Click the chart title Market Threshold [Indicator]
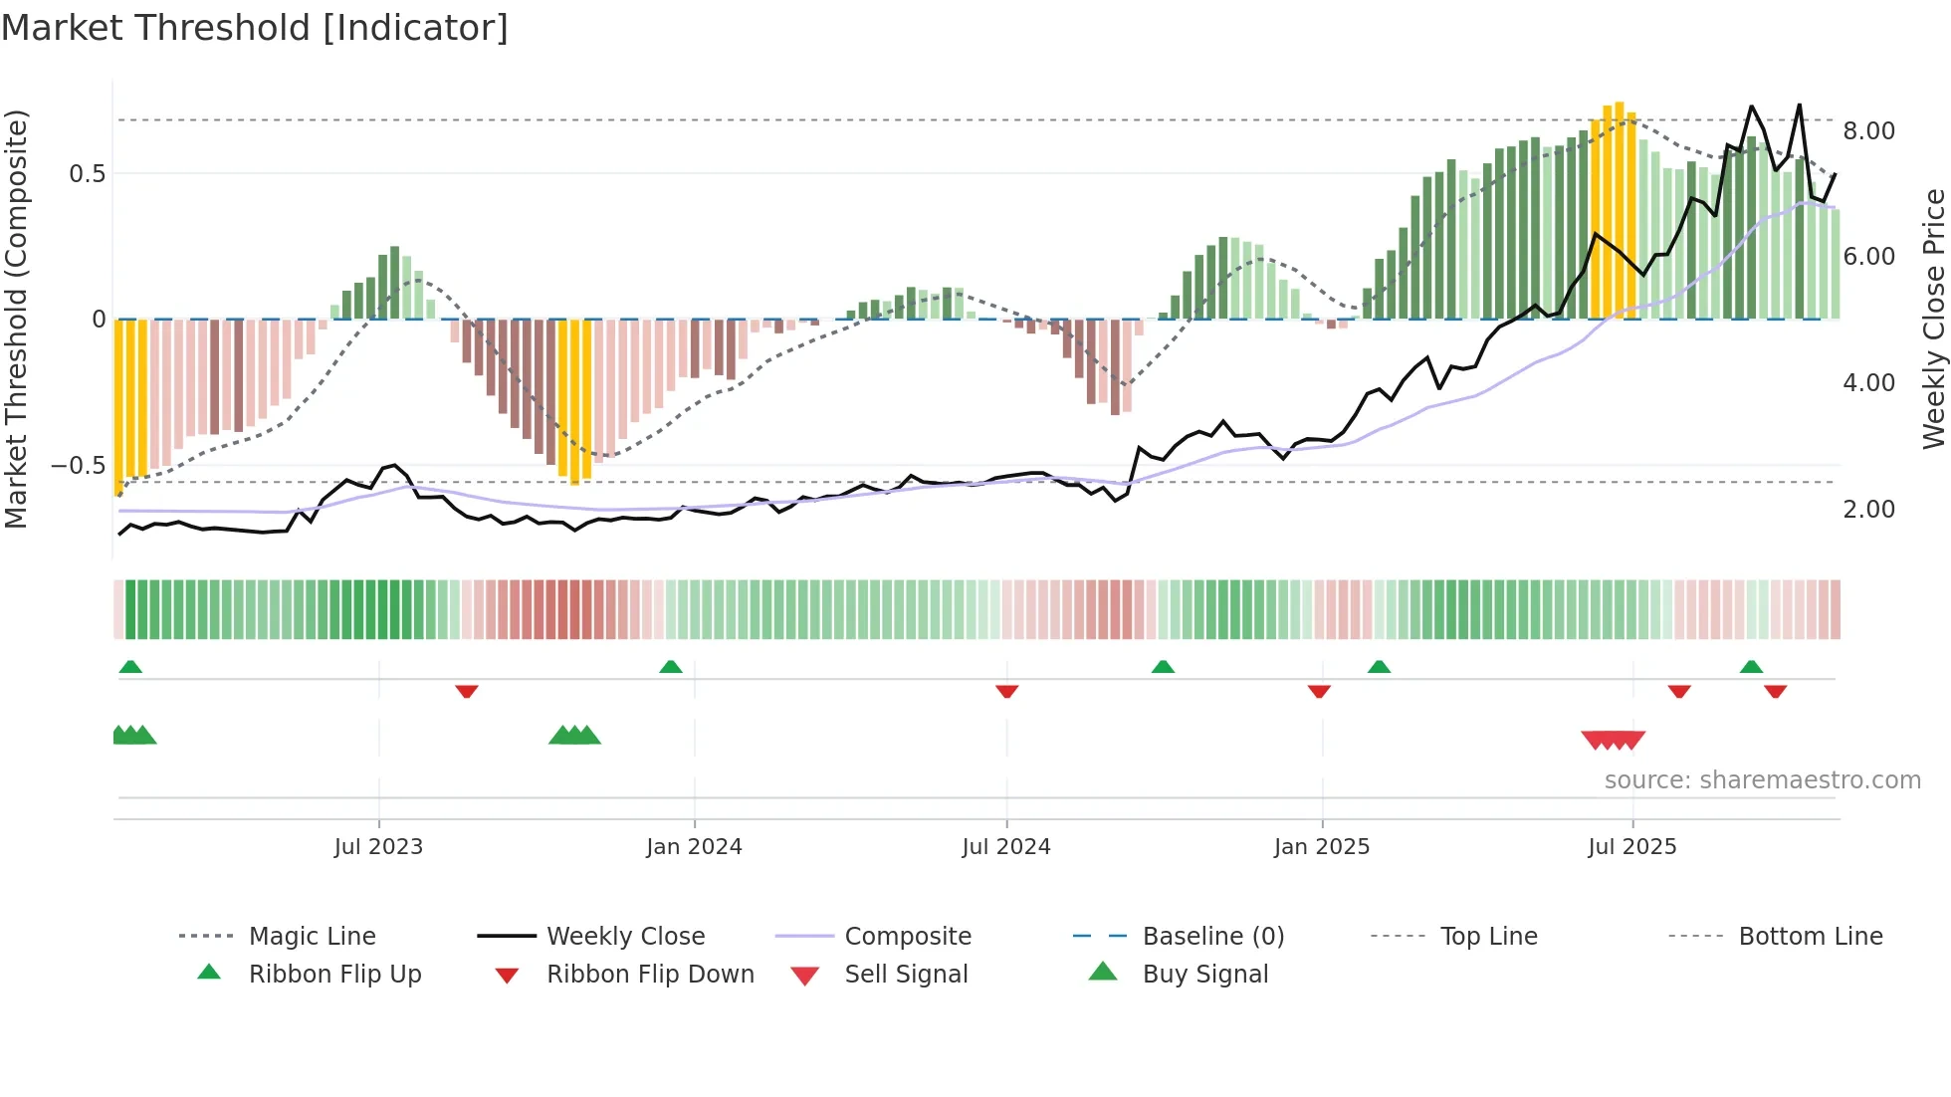click(x=255, y=28)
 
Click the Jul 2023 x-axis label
click(x=378, y=847)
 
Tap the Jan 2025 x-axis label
click(x=1322, y=847)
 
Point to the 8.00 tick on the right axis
click(x=1868, y=131)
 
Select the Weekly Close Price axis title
click(x=1933, y=319)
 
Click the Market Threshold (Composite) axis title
click(x=16, y=319)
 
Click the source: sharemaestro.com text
click(x=1762, y=780)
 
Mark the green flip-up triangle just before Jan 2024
click(x=671, y=667)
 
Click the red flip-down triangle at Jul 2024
click(x=1006, y=691)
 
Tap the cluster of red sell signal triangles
click(x=1613, y=740)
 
